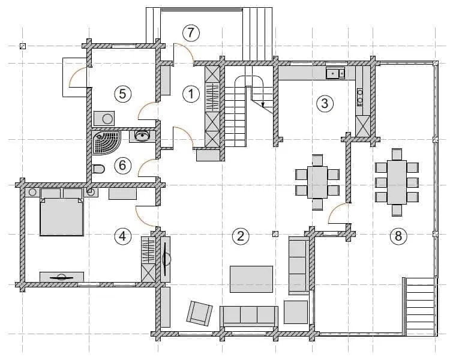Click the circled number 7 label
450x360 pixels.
(191, 33)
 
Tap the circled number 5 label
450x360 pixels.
(122, 94)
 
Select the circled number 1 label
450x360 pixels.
(191, 94)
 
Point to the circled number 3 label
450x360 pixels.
(325, 103)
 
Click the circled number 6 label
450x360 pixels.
(122, 166)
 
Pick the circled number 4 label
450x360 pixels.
(122, 236)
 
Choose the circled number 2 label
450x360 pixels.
(241, 236)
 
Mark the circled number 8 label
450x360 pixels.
(398, 236)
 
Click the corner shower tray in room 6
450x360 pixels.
(106, 143)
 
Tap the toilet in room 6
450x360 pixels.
(99, 169)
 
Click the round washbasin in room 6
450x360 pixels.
(142, 136)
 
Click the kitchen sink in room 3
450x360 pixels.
(335, 73)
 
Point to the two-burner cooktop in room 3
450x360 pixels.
(360, 97)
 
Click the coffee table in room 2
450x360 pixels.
(251, 279)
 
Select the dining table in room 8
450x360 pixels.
(397, 182)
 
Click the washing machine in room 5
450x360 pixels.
(104, 119)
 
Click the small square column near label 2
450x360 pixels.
(275, 233)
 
